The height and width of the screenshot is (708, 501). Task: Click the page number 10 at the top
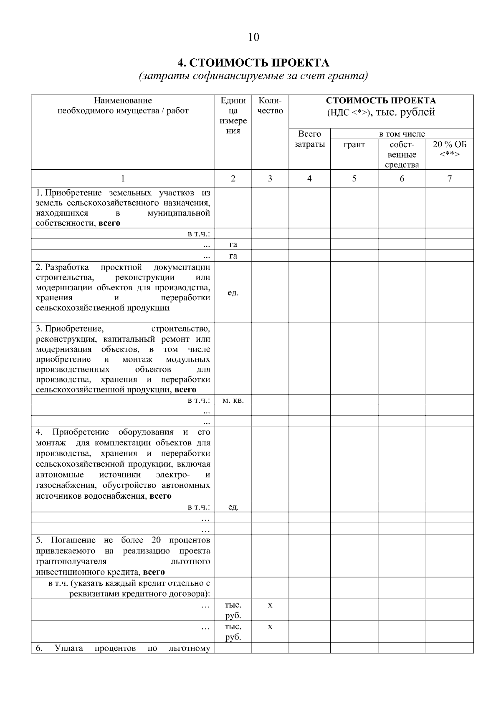253,37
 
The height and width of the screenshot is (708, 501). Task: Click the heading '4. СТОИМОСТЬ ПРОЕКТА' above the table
253,63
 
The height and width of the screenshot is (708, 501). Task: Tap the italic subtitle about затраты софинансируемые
253,76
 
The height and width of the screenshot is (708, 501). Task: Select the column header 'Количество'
270,105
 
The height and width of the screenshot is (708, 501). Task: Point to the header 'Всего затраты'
309,139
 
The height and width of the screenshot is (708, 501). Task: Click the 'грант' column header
354,145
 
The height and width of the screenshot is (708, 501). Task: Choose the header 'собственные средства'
402,154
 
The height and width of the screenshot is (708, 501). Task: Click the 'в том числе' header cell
402,134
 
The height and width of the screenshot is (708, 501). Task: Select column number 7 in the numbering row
450,178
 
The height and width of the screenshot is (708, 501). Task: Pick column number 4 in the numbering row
309,178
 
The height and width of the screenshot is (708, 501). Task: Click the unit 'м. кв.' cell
233,400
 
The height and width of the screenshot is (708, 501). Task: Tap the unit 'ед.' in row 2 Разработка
233,292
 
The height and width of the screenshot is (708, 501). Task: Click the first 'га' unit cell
233,244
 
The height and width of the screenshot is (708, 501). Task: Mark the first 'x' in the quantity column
270,605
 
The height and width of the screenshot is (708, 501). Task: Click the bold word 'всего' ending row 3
185,390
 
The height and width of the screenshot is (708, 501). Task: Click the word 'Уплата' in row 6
68,648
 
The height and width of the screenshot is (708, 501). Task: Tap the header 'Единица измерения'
233,115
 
